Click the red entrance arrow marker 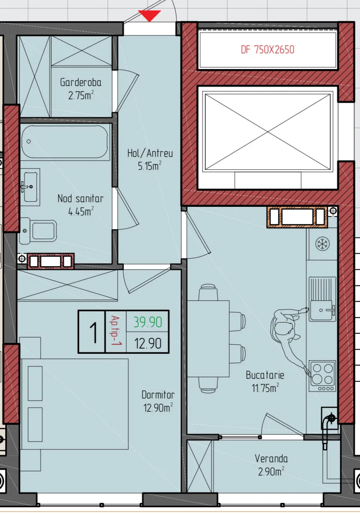pyautogui.click(x=149, y=16)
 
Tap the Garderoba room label pyautogui.click(x=81, y=82)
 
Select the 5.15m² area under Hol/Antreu pyautogui.click(x=150, y=165)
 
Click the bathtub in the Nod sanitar pyautogui.click(x=65, y=142)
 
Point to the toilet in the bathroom pyautogui.click(x=38, y=231)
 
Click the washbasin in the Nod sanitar pyautogui.click(x=30, y=187)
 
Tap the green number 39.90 pyautogui.click(x=148, y=322)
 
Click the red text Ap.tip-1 pyautogui.click(x=116, y=331)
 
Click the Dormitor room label pyautogui.click(x=158, y=395)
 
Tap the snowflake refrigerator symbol pyautogui.click(x=322, y=244)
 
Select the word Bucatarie pyautogui.click(x=265, y=375)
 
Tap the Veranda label pyautogui.click(x=271, y=459)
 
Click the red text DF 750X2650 pyautogui.click(x=268, y=49)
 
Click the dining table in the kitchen pyautogui.click(x=208, y=339)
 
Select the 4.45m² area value pyautogui.click(x=81, y=211)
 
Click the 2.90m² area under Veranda pyautogui.click(x=271, y=471)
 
